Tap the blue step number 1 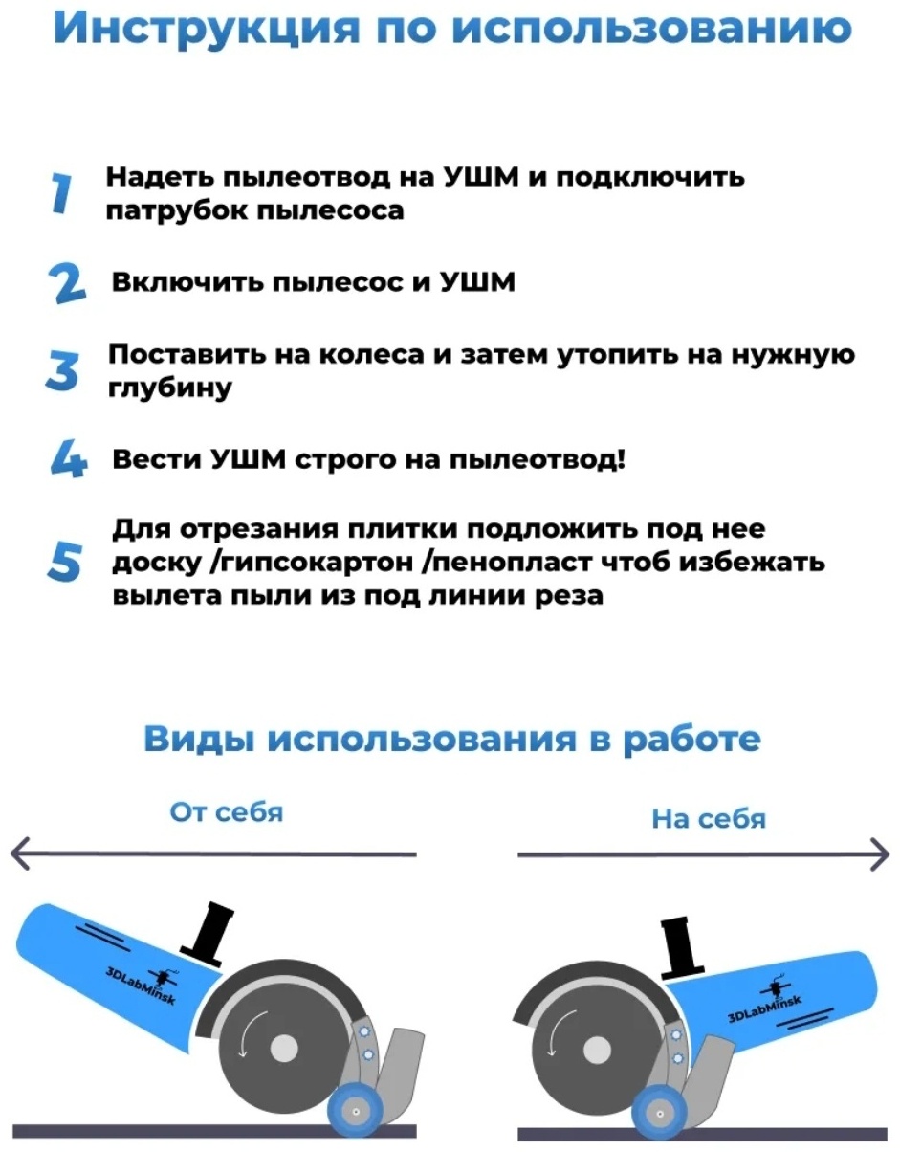[61, 193]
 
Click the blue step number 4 [69, 458]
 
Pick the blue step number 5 [64, 562]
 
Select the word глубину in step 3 [170, 388]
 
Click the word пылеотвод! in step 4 [538, 459]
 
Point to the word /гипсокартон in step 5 [312, 563]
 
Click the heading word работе [691, 738]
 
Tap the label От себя [226, 811]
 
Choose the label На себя [709, 818]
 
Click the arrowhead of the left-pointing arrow [20, 853]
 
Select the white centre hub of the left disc [284, 1045]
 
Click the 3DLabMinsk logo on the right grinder [765, 1005]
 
